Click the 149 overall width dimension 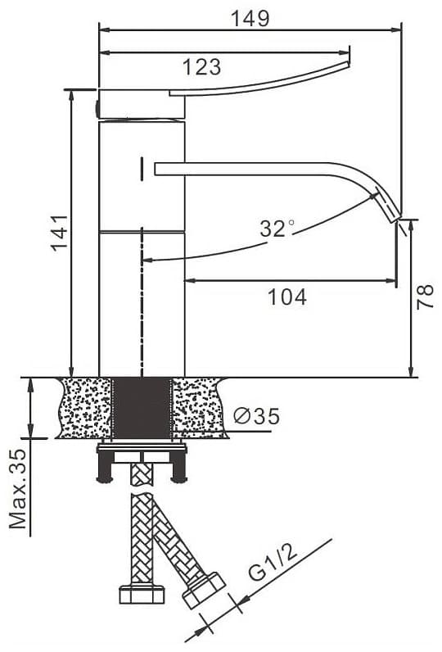250,18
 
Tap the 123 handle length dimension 202,66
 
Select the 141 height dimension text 60,233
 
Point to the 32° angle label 277,228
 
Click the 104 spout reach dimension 287,297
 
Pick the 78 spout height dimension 425,297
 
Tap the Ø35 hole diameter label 256,415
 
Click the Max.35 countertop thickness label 18,488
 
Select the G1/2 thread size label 273,561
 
